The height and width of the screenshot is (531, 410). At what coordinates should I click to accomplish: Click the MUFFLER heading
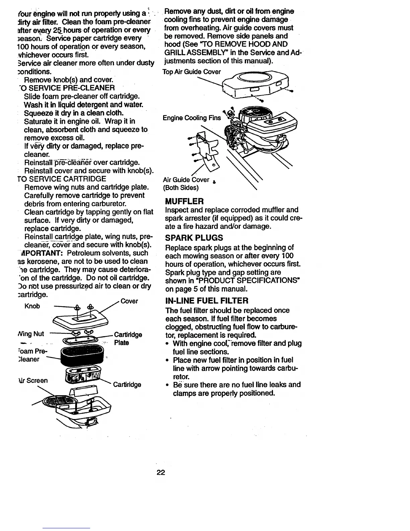click(184, 201)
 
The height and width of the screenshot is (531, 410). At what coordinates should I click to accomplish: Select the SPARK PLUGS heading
click(194, 238)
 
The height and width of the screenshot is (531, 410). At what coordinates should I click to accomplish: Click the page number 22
click(161, 473)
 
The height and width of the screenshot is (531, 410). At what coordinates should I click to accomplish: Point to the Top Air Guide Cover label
click(192, 72)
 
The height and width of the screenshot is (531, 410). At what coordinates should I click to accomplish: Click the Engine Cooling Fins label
click(192, 118)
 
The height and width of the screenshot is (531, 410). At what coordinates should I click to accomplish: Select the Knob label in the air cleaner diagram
click(32, 306)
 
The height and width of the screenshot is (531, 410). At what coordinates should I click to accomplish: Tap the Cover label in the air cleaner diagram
click(129, 301)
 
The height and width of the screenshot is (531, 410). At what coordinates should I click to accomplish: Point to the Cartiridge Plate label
click(128, 339)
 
